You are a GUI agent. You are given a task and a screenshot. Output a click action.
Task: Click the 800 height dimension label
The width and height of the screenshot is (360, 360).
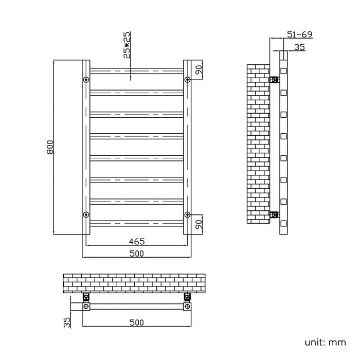pos(50,147)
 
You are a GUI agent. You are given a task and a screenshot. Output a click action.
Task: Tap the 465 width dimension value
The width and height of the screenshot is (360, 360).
pos(137,241)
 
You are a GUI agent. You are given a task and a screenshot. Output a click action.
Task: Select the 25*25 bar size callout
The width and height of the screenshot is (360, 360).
pos(127,45)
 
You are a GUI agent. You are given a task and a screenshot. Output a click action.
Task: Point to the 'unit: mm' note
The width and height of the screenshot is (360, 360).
pos(325,342)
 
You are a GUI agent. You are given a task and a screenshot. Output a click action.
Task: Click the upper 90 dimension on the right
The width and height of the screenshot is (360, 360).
pos(200,71)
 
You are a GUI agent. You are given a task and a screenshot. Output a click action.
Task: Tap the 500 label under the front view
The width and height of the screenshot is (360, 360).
pos(137,254)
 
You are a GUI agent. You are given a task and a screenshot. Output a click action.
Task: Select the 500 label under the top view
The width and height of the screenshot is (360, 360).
pos(137,322)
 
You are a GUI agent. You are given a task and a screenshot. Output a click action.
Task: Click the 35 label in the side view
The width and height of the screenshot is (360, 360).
pos(300,47)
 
